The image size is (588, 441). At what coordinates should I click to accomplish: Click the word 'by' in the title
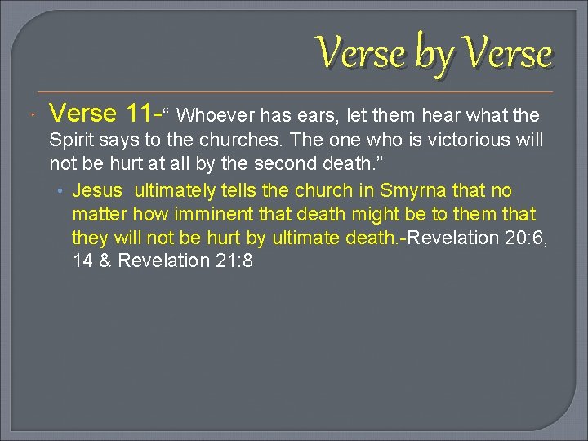point(434,55)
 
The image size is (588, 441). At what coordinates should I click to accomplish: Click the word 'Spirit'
point(73,140)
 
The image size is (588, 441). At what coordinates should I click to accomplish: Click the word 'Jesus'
point(97,191)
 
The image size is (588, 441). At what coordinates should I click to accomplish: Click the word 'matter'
point(99,214)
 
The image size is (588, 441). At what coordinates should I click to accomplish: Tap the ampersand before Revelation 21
point(104,261)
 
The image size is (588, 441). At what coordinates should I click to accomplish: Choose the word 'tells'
point(241,191)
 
